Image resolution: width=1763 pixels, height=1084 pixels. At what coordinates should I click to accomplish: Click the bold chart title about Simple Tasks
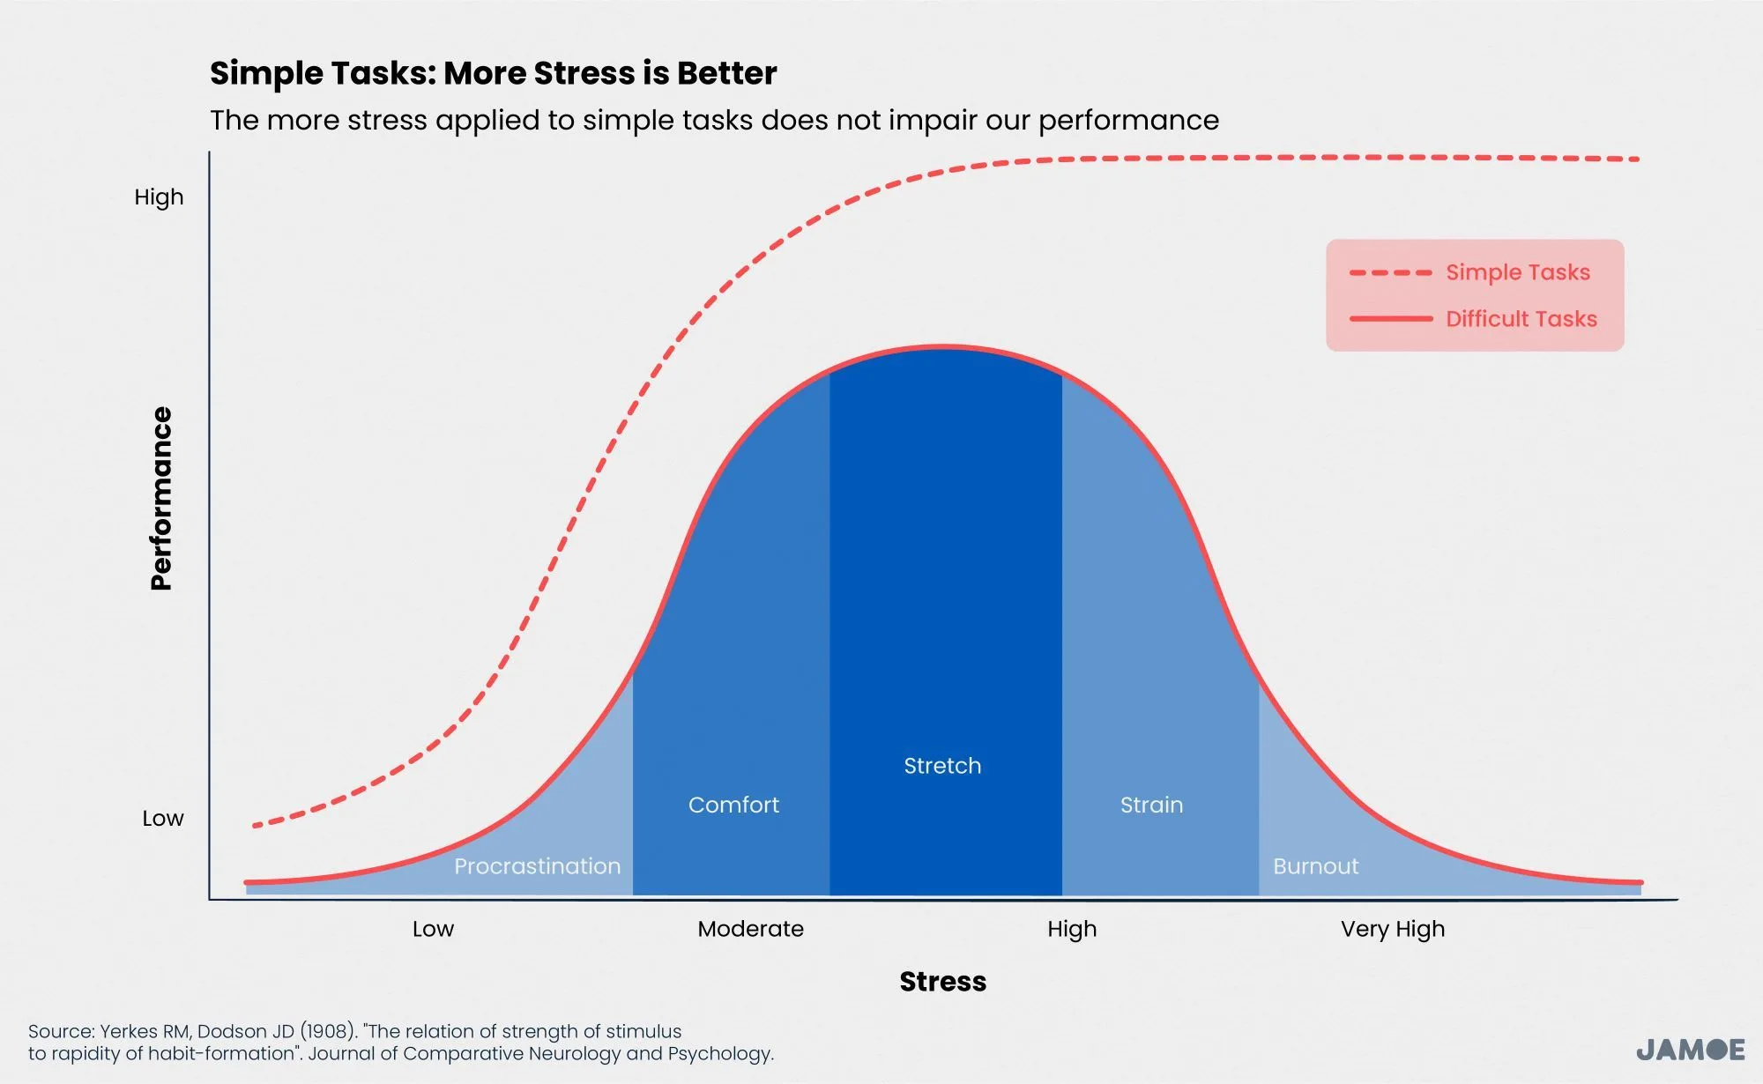tap(493, 73)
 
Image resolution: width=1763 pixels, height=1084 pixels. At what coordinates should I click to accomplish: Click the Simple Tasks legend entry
tap(1517, 272)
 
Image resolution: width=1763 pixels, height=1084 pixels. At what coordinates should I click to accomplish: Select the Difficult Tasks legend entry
tap(1521, 319)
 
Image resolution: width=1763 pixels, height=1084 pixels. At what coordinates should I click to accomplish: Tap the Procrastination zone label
tap(537, 866)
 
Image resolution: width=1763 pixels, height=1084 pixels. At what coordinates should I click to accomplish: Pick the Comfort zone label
tap(733, 805)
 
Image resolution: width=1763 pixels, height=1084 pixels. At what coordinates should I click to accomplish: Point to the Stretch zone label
tap(942, 766)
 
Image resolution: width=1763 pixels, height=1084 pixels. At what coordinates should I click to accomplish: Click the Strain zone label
tap(1151, 805)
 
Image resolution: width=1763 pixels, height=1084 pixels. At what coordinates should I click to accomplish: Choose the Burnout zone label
tap(1315, 866)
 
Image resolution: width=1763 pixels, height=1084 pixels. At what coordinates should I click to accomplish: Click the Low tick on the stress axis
tap(433, 929)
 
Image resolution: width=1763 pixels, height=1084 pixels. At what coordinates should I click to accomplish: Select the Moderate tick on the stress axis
tap(750, 929)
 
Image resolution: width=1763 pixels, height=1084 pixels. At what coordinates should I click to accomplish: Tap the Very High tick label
tap(1393, 929)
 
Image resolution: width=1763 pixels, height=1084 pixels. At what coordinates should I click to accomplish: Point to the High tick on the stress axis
tap(1072, 929)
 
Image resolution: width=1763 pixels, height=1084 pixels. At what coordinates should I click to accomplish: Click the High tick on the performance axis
tap(159, 197)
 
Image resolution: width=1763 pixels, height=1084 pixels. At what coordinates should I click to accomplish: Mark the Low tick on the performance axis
tap(163, 819)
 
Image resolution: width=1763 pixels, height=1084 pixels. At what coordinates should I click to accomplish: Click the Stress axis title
tap(942, 982)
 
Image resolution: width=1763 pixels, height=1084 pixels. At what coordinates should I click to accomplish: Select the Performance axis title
tap(161, 498)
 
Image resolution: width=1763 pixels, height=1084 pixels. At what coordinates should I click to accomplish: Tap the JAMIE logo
tap(1690, 1050)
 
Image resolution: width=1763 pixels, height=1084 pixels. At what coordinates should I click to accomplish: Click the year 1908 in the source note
tap(327, 1031)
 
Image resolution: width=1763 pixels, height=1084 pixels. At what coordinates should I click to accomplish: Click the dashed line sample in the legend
tap(1390, 273)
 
